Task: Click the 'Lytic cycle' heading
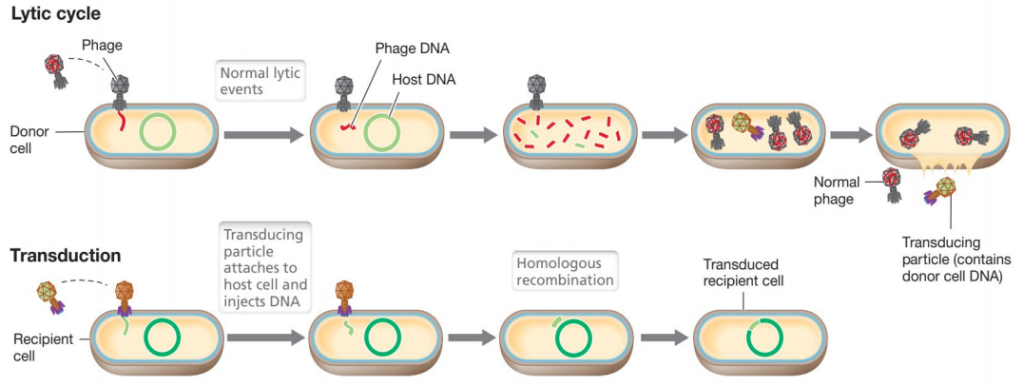coord(54,14)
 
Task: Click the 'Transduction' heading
coord(66,256)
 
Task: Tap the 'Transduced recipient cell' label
coord(742,273)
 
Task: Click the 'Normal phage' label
coord(837,189)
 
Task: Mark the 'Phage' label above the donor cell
coord(102,44)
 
